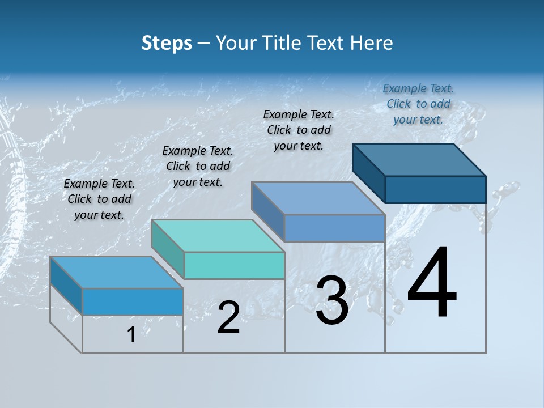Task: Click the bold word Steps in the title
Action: click(x=167, y=43)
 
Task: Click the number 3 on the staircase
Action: click(x=332, y=300)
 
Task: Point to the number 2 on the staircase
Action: click(x=228, y=317)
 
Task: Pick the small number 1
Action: click(x=131, y=335)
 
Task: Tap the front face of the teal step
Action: click(x=234, y=265)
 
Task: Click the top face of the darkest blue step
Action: click(x=419, y=159)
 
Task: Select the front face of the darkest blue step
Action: click(x=435, y=189)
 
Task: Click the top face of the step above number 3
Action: click(x=318, y=198)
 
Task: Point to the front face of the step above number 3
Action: click(x=334, y=228)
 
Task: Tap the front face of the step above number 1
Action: click(x=133, y=301)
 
